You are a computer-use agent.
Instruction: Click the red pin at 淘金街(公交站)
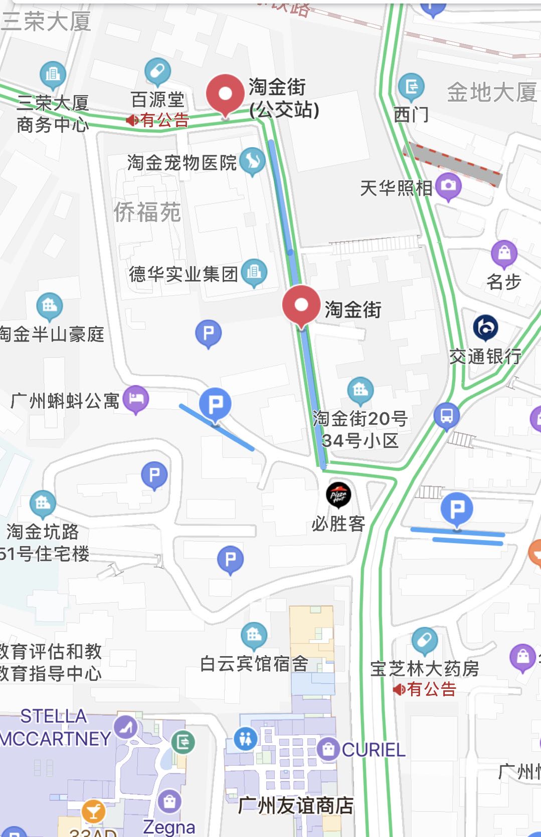pyautogui.click(x=225, y=94)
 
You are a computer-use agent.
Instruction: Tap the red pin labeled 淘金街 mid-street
pyautogui.click(x=301, y=305)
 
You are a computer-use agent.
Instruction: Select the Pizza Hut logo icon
pyautogui.click(x=338, y=495)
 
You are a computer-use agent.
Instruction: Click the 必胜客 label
pyautogui.click(x=338, y=524)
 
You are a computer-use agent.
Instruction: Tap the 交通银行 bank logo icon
pyautogui.click(x=485, y=328)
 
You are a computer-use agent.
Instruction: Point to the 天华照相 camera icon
pyautogui.click(x=448, y=186)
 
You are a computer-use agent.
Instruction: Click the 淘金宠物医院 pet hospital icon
pyautogui.click(x=252, y=161)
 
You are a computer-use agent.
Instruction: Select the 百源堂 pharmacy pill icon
pyautogui.click(x=157, y=72)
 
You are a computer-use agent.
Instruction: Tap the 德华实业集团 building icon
pyautogui.click(x=254, y=272)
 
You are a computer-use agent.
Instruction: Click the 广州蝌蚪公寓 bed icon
pyautogui.click(x=136, y=399)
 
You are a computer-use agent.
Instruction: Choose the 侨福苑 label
pyautogui.click(x=147, y=212)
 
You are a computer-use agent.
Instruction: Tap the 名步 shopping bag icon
pyautogui.click(x=504, y=253)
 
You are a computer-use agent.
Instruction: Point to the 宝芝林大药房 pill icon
pyautogui.click(x=425, y=640)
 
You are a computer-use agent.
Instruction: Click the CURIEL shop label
pyautogui.click(x=374, y=750)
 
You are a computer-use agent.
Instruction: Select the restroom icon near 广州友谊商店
pyautogui.click(x=246, y=739)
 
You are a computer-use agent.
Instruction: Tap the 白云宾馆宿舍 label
pyautogui.click(x=254, y=664)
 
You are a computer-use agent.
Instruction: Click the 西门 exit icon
pyautogui.click(x=411, y=86)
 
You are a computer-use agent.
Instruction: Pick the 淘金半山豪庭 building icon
pyautogui.click(x=50, y=305)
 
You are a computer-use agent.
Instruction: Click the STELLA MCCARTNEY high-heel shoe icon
pyautogui.click(x=126, y=726)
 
